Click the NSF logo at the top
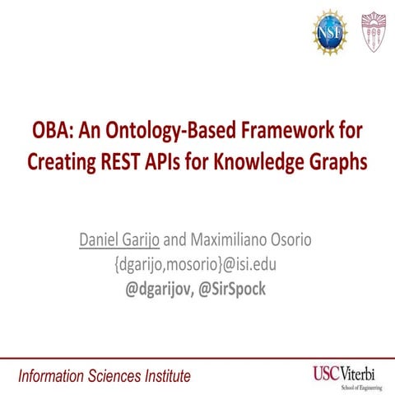pos(329,32)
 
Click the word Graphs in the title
pos(337,162)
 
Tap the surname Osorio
pos(300,241)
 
